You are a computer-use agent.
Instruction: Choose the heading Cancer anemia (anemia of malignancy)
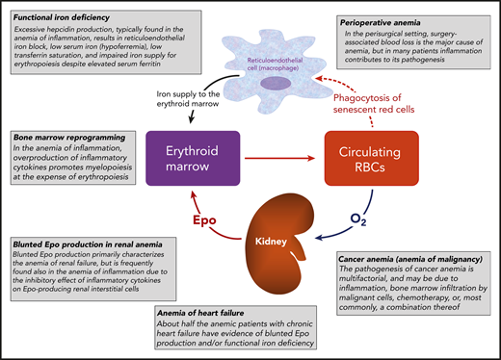[x=413, y=260]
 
